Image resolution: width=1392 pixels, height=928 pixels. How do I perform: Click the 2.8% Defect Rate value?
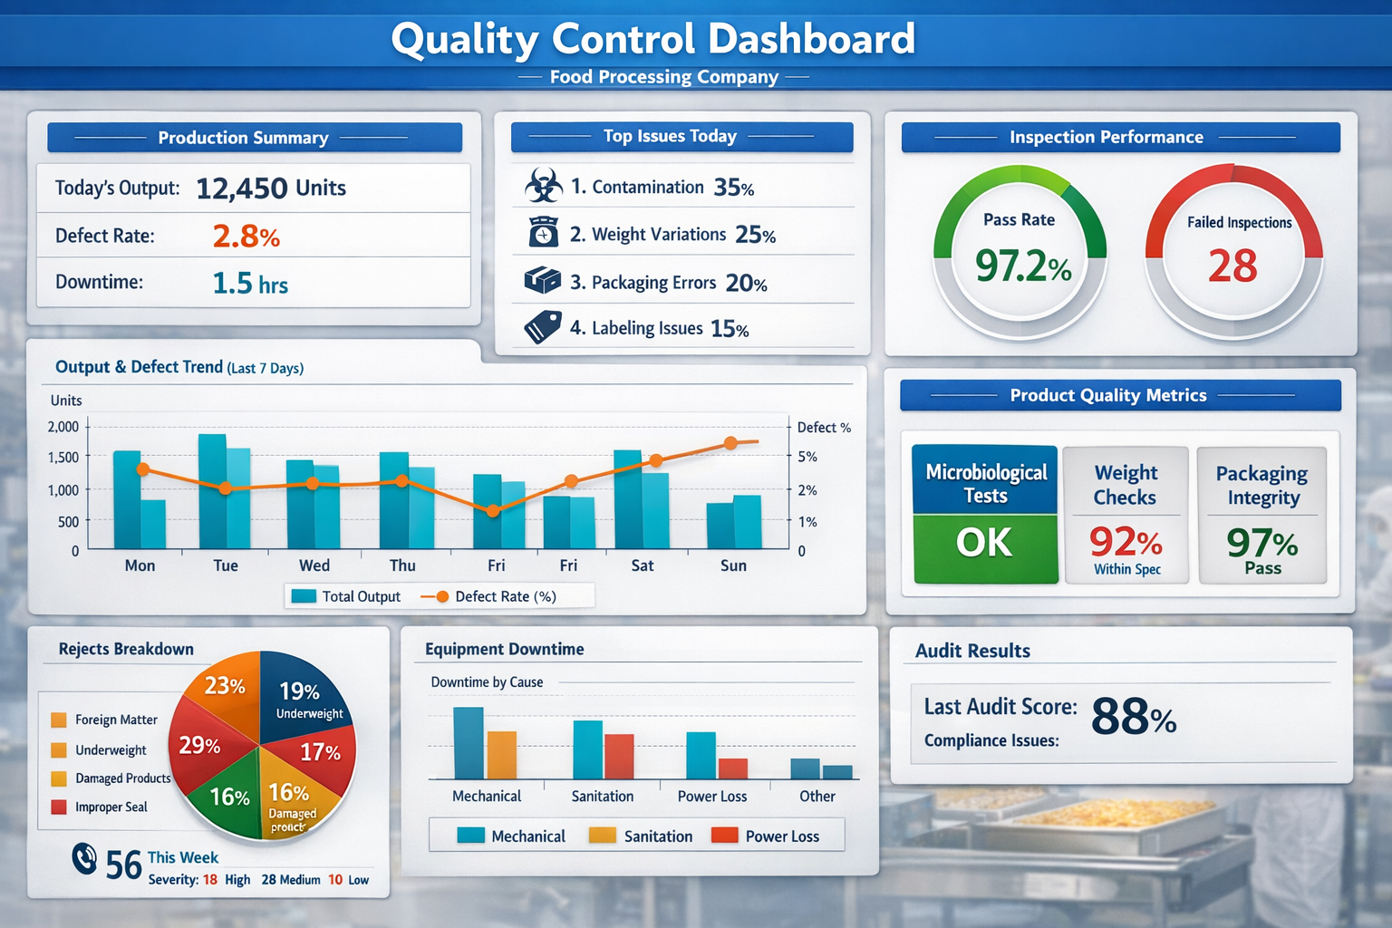pos(246,237)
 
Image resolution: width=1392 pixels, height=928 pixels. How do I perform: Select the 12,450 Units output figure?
pos(270,188)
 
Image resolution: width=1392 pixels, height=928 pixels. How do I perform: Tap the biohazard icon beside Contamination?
pos(544,187)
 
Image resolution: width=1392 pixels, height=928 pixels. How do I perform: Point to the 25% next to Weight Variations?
pos(755,235)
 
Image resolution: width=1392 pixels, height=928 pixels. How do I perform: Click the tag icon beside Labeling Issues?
pos(543,327)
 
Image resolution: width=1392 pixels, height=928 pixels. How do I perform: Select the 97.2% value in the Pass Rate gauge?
pos(1022,266)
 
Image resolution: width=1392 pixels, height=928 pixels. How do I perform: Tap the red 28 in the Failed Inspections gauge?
pos(1232,266)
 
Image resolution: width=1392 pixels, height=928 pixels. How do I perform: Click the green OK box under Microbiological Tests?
pos(985,546)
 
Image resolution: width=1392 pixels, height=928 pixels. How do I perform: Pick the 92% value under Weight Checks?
pos(1126,542)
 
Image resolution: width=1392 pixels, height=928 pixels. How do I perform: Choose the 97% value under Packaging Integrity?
pos(1261,543)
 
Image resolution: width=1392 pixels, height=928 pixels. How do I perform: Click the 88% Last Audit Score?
pos(1133,718)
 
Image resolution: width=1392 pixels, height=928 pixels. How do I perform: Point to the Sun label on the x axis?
pos(733,565)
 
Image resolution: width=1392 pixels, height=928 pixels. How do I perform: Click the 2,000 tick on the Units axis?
pos(63,427)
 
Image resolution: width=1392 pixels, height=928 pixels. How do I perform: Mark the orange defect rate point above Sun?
pos(730,443)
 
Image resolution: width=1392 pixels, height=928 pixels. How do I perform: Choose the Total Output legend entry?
pos(344,596)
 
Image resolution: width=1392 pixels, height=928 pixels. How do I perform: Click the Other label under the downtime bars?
pos(817,796)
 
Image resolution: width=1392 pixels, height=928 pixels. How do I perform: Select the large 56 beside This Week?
pos(123,865)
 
